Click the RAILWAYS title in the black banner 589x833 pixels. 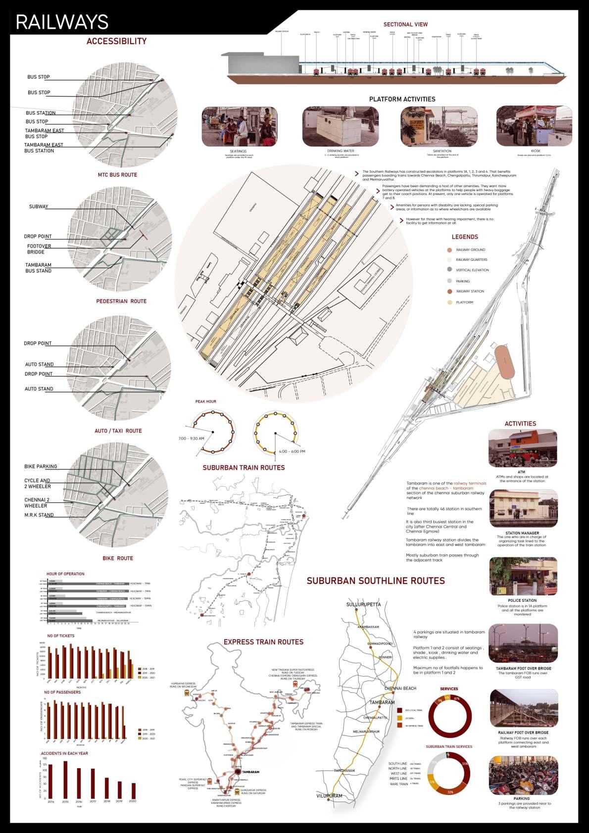(62, 22)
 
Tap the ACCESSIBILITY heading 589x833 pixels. (116, 42)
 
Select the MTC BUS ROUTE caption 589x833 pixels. (117, 175)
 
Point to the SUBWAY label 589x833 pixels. (38, 207)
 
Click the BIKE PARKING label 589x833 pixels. (41, 466)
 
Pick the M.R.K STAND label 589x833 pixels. (39, 515)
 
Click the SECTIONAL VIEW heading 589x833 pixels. (405, 24)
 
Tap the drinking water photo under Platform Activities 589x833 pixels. (341, 126)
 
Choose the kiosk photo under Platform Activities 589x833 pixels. (534, 126)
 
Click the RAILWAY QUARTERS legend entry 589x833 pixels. (471, 260)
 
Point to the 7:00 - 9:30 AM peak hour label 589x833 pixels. (191, 439)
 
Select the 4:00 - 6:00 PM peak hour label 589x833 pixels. (292, 451)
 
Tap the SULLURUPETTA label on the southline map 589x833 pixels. (363, 604)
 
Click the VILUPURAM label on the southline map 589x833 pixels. (330, 796)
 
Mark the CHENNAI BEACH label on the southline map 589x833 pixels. (400, 688)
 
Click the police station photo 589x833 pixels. (522, 576)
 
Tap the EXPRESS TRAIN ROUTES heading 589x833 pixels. (263, 642)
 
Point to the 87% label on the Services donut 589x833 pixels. (456, 698)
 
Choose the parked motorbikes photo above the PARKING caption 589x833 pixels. (522, 775)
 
